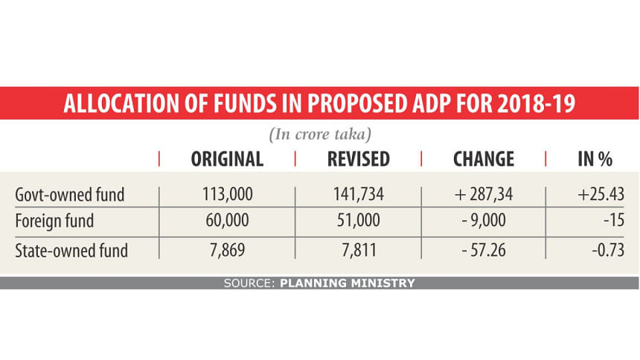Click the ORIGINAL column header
pyautogui.click(x=227, y=158)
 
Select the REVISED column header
pyautogui.click(x=358, y=158)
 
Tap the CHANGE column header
pyautogui.click(x=483, y=158)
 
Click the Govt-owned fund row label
pyautogui.click(x=69, y=196)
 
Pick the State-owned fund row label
pyautogui.click(x=71, y=251)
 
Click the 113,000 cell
pyautogui.click(x=228, y=196)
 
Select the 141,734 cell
pyautogui.click(x=358, y=196)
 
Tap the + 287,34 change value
pyautogui.click(x=483, y=196)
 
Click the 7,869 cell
pyautogui.click(x=228, y=251)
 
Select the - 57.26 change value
pyautogui.click(x=483, y=251)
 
